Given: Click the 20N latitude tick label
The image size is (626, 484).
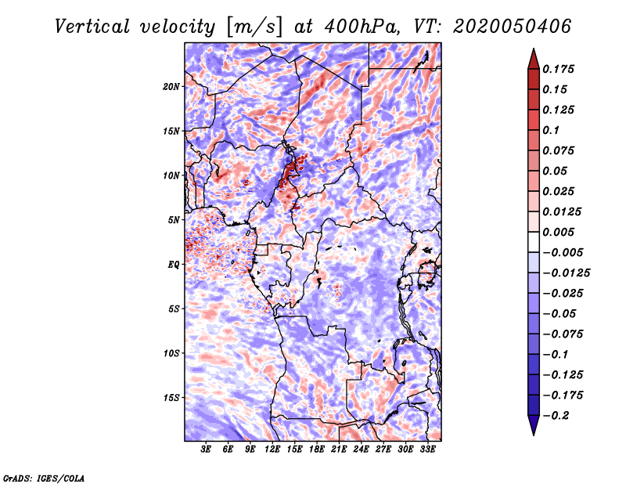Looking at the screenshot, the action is pyautogui.click(x=171, y=87).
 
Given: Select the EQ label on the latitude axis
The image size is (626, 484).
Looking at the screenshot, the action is pyautogui.click(x=174, y=265).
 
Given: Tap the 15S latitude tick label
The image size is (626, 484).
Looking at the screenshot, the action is pyautogui.click(x=171, y=398).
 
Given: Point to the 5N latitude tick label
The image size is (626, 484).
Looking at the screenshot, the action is pyautogui.click(x=174, y=220).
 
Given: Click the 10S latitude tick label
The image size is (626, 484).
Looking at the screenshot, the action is pyautogui.click(x=171, y=353).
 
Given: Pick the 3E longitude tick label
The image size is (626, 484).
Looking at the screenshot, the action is pyautogui.click(x=206, y=450).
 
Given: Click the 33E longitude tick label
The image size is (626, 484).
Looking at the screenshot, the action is pyautogui.click(x=427, y=450).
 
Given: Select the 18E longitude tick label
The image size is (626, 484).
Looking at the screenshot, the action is pyautogui.click(x=317, y=450).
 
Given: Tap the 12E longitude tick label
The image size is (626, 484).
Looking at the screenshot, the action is pyautogui.click(x=272, y=450).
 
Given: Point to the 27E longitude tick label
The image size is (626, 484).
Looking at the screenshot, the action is pyautogui.click(x=383, y=450).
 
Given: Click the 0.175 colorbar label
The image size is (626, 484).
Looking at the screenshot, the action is pyautogui.click(x=558, y=69).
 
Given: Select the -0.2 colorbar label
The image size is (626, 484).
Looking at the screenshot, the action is pyautogui.click(x=556, y=415).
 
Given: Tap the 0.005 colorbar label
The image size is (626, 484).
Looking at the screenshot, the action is pyautogui.click(x=558, y=232).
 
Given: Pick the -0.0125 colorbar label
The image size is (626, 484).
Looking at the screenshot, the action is pyautogui.click(x=566, y=273).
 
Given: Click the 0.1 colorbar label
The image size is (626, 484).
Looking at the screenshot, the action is pyautogui.click(x=551, y=130).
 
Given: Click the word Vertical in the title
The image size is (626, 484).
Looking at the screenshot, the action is pyautogui.click(x=92, y=27).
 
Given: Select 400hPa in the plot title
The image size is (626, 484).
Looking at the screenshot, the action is pyautogui.click(x=361, y=27).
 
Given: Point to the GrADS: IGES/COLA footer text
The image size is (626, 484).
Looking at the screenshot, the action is pyautogui.click(x=44, y=478).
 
